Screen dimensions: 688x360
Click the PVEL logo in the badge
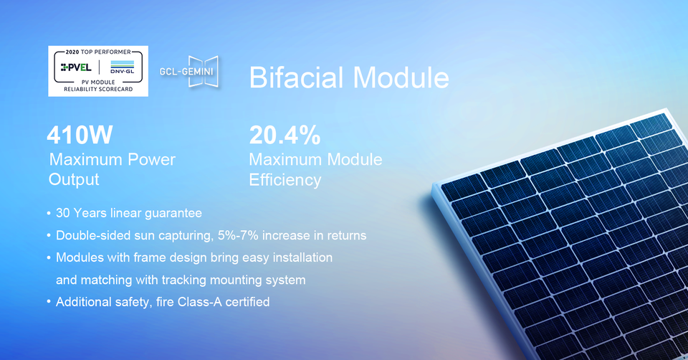(76, 67)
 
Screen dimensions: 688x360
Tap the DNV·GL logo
(123, 67)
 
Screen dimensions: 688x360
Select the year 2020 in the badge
(72, 52)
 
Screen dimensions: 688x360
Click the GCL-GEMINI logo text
(186, 71)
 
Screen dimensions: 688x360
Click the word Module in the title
(401, 77)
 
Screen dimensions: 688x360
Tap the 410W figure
(80, 135)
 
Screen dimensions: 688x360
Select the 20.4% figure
(285, 135)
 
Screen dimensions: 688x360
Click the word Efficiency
(285, 180)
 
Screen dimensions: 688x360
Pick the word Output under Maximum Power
(74, 179)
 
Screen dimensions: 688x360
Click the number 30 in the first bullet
(63, 213)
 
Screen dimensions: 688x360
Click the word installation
(302, 257)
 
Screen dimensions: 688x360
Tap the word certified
(248, 302)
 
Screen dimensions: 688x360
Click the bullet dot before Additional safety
(49, 302)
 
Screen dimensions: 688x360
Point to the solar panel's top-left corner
(434, 184)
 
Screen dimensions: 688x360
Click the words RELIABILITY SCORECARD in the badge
(98, 89)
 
